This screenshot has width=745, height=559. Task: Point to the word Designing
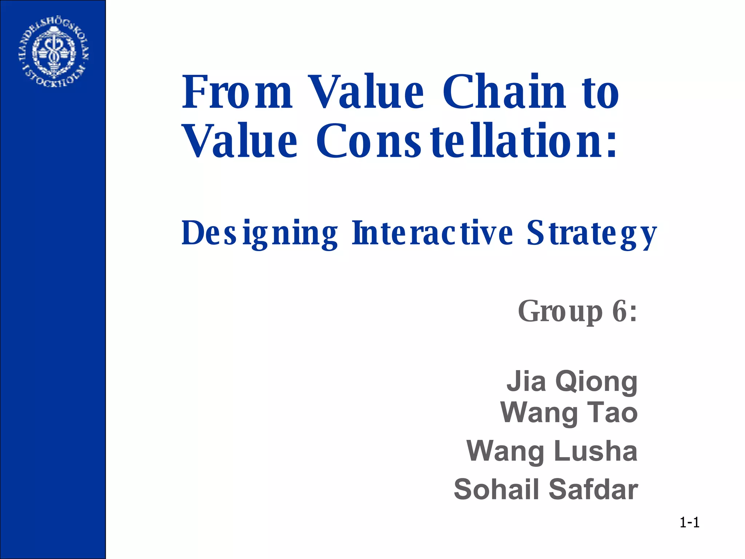[x=259, y=234]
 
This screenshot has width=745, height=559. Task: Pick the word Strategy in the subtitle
[x=591, y=234]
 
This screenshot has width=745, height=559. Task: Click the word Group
[x=560, y=312]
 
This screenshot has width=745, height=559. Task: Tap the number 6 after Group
[x=619, y=311]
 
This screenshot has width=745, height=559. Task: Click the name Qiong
[x=596, y=382]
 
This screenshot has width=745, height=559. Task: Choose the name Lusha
[x=595, y=451]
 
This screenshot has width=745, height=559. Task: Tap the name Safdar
[x=593, y=489]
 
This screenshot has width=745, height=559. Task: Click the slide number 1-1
[x=689, y=523]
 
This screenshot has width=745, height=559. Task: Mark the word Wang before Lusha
[x=505, y=452]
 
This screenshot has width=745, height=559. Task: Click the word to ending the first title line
[x=600, y=92]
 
